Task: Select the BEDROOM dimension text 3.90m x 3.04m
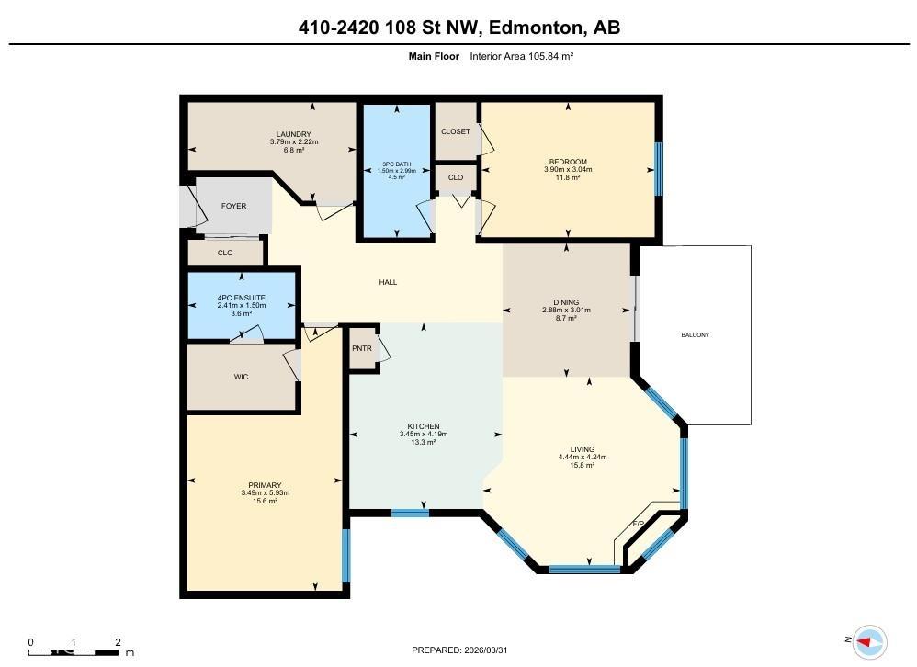point(568,170)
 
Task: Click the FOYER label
point(233,206)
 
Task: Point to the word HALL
point(388,282)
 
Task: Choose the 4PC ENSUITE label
point(241,298)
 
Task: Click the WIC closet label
point(241,377)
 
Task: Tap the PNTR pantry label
point(362,348)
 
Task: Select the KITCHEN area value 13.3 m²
point(424,442)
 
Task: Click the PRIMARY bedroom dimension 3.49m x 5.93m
point(265,493)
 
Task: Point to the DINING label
point(566,302)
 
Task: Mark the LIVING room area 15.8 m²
point(582,465)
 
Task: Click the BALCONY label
point(695,335)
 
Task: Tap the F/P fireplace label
point(639,524)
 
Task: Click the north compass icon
point(867,640)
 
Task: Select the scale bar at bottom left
point(74,651)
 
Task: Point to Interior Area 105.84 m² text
point(521,56)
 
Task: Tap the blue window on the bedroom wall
point(658,169)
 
